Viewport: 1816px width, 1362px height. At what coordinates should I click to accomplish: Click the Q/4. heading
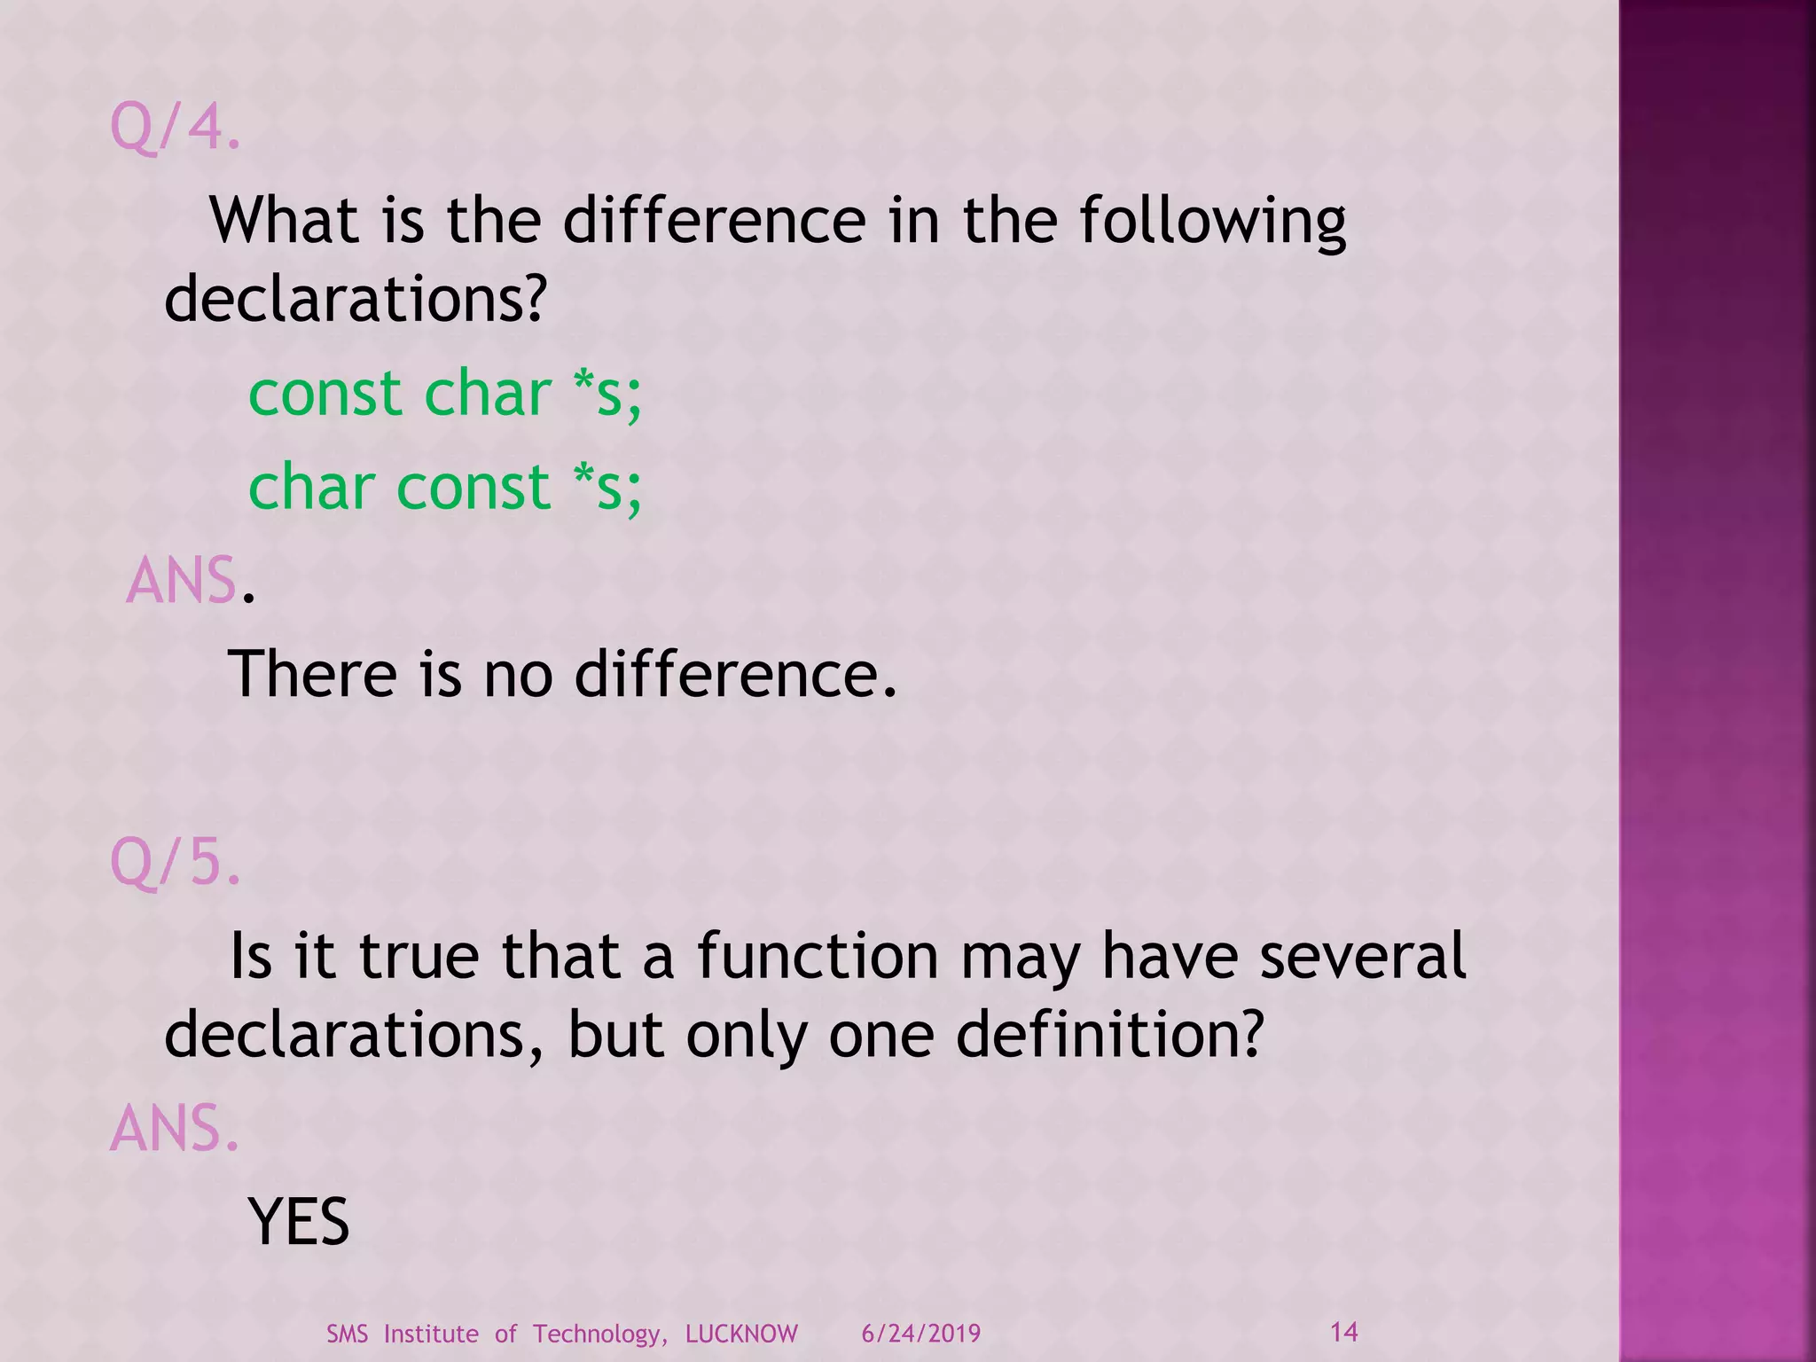175,127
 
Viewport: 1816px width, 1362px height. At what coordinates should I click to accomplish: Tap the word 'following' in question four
1212,221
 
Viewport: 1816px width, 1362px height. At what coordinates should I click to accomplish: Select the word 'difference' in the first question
714,221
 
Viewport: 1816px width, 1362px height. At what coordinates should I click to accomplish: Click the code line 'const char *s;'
444,394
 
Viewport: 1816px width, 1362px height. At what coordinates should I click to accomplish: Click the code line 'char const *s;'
444,488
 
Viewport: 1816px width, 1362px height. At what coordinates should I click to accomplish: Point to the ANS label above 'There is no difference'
182,582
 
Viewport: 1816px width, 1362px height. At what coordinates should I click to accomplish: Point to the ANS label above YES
174,1130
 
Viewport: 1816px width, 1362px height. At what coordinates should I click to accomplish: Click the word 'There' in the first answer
312,675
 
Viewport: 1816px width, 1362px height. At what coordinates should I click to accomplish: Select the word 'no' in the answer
518,675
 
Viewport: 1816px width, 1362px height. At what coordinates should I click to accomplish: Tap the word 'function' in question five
817,957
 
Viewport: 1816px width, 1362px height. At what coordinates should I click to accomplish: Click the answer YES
299,1223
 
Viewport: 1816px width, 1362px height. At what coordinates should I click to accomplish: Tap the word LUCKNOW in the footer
741,1335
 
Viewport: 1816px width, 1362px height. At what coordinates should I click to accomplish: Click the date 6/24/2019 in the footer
920,1335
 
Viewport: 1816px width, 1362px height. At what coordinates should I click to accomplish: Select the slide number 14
1344,1332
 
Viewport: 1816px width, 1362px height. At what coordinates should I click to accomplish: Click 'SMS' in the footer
347,1335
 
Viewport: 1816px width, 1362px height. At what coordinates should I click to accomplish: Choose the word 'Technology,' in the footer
600,1335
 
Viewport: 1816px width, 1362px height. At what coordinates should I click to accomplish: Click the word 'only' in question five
746,1035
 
